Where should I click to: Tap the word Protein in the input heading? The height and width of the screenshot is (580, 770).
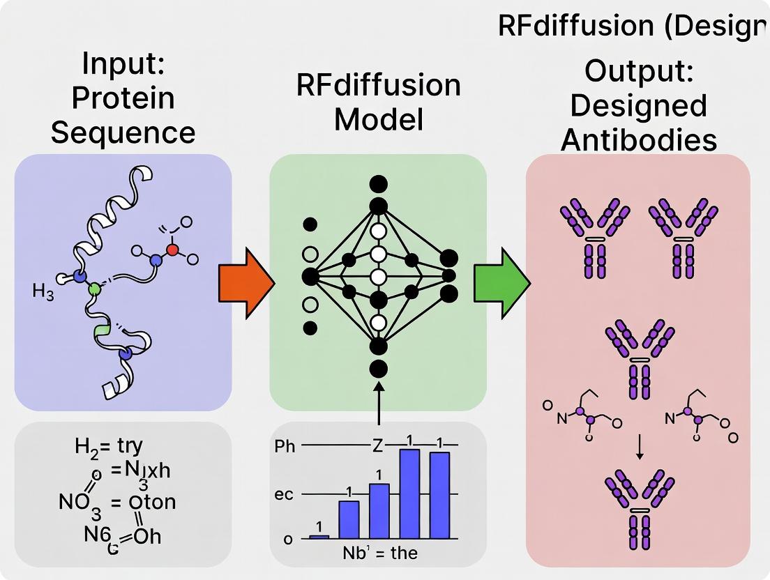[123, 98]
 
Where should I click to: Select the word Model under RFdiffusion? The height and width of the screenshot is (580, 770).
[378, 119]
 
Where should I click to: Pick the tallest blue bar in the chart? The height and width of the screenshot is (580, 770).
[409, 494]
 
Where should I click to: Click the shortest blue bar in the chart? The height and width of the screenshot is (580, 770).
[319, 536]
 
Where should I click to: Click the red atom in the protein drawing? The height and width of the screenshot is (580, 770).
[173, 249]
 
